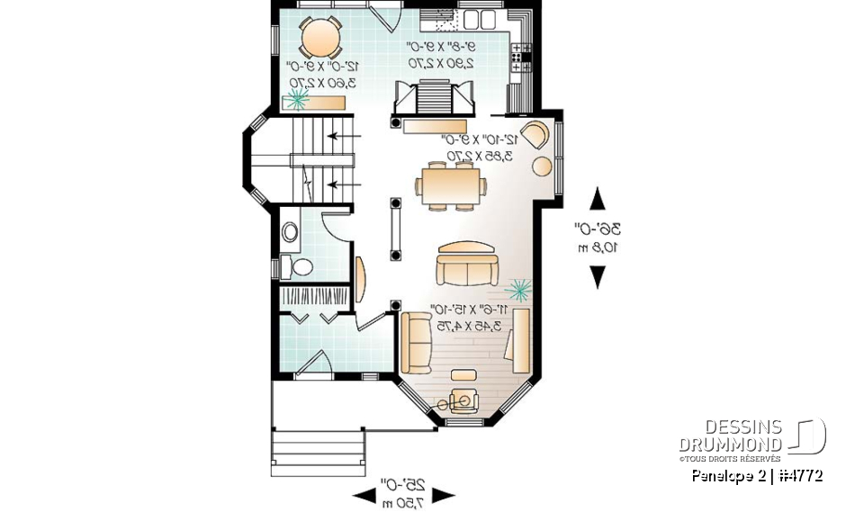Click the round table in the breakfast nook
coord(319,38)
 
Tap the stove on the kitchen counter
coord(520,57)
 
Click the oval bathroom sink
coord(290,232)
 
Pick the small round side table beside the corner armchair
coord(544,166)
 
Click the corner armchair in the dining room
coord(535,134)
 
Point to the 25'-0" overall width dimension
coord(403,485)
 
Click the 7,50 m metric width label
coord(403,500)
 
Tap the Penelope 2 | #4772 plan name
coord(757,475)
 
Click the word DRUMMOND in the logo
coord(731,444)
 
